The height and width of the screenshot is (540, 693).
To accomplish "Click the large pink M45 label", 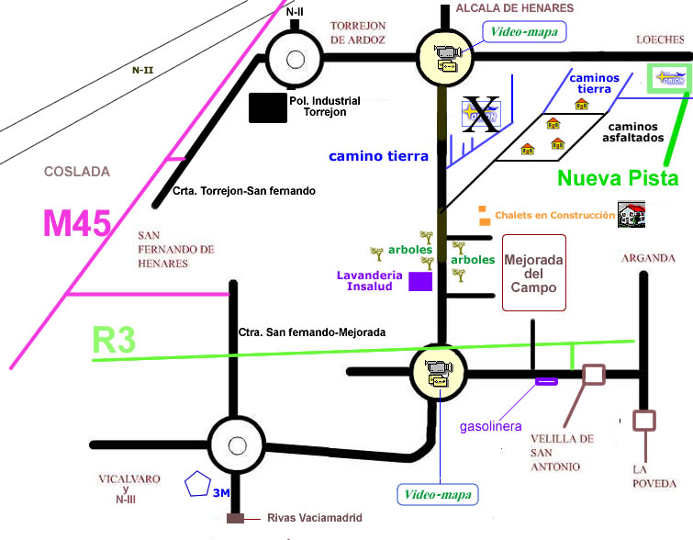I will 78,223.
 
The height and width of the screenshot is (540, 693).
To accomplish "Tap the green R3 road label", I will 115,341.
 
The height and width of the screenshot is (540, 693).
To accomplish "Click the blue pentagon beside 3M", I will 197,484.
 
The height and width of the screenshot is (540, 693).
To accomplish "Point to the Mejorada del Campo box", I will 533,272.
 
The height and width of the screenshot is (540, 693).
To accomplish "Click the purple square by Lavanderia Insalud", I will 420,282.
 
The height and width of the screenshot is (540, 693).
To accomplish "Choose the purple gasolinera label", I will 491,426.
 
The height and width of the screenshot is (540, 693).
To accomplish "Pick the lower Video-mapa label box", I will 438,495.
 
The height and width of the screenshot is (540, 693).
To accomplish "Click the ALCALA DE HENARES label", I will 515,8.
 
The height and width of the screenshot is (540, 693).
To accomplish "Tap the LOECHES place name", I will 660,39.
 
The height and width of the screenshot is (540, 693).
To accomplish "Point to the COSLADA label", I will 77,172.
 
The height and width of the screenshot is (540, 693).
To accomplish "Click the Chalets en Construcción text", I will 554,216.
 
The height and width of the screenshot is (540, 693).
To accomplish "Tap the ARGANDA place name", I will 648,258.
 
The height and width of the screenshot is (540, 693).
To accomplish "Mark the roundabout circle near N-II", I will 296,59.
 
